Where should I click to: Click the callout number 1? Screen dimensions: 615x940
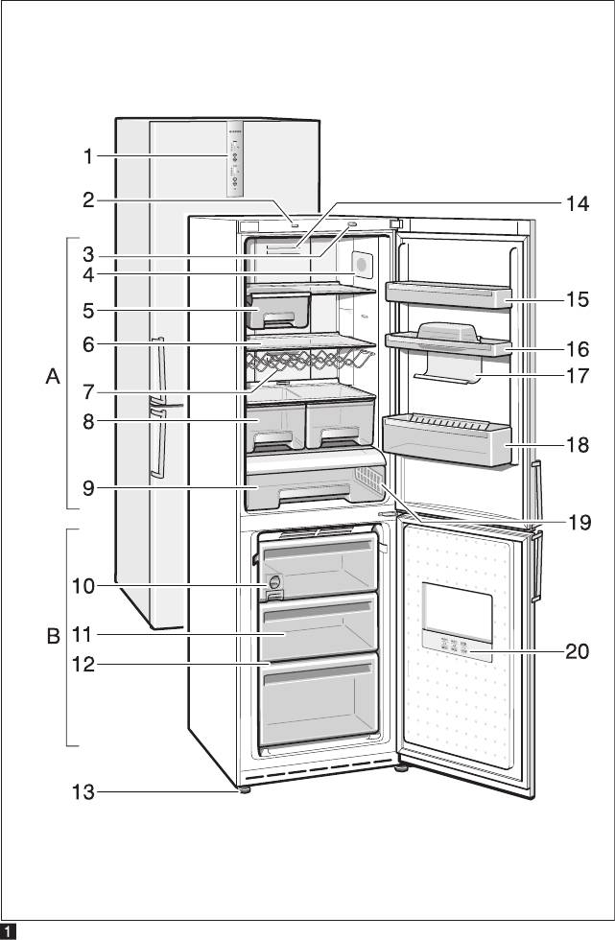[88, 156]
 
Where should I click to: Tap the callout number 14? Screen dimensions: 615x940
[578, 203]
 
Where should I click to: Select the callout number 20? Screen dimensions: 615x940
[578, 651]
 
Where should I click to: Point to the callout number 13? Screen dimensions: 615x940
[83, 792]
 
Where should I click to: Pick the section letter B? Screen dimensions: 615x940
[54, 635]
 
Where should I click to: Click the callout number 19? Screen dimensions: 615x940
[580, 522]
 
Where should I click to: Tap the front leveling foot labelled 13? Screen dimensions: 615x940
[245, 790]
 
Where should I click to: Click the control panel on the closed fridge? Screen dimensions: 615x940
[235, 159]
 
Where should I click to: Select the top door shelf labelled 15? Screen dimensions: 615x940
[448, 295]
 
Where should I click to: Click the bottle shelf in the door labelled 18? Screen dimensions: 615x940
[447, 439]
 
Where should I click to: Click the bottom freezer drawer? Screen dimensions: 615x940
[319, 700]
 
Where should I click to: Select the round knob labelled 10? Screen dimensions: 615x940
[274, 582]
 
